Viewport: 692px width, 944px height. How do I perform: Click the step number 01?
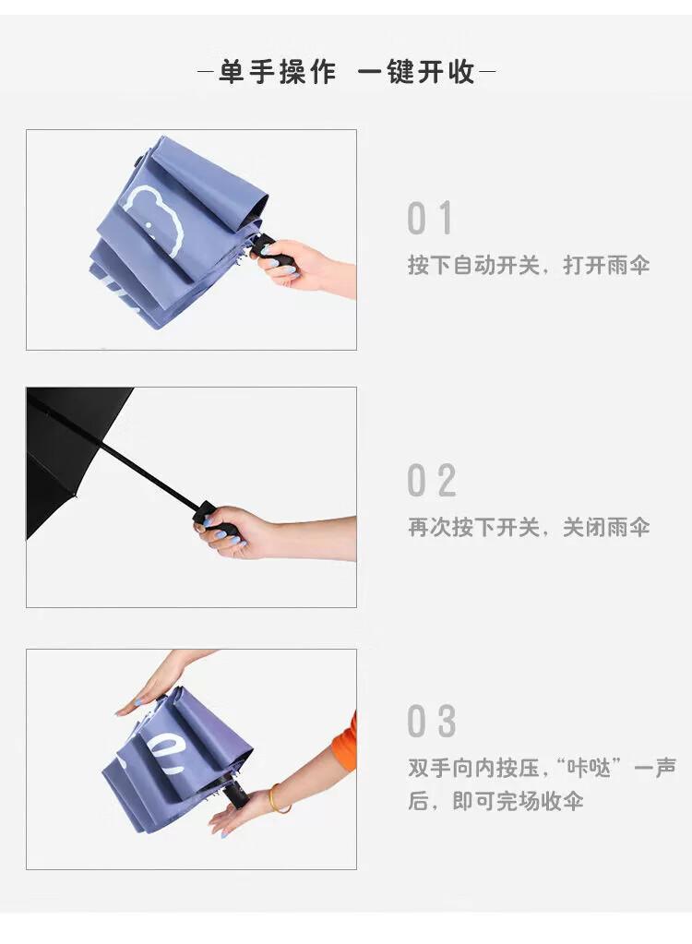[430, 218]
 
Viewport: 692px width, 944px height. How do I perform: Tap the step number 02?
[432, 481]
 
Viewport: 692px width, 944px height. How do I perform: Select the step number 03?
[432, 721]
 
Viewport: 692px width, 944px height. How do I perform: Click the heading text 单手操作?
[278, 72]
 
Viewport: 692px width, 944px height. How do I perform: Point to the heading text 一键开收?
[416, 72]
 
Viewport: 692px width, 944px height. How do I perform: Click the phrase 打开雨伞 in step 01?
[606, 265]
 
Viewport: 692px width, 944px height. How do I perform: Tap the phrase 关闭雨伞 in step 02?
[606, 528]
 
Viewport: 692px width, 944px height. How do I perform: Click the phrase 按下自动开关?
[473, 265]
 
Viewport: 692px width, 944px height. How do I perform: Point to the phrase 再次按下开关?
[473, 528]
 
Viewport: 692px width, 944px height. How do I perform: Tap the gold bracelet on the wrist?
[277, 799]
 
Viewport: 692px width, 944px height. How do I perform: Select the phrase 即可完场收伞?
[518, 801]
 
